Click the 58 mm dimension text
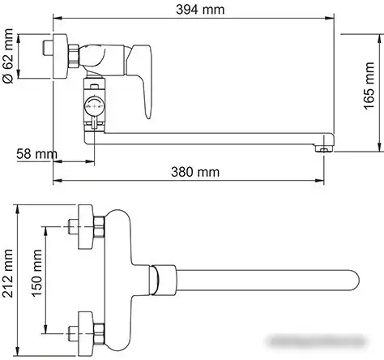(36, 153)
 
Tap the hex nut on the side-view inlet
(75, 55)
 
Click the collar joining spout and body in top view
(163, 279)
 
